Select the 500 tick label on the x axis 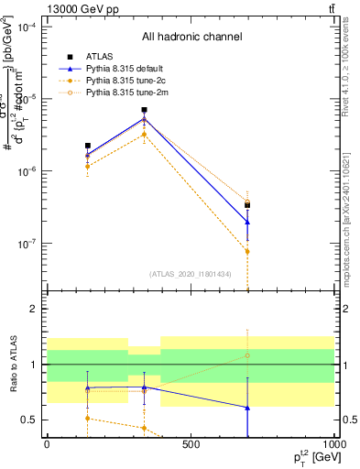[191, 445]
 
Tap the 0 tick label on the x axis [47, 445]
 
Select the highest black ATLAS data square [144, 110]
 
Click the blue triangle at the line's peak [144, 118]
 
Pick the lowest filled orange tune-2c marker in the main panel [247, 251]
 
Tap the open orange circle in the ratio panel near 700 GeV [247, 355]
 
